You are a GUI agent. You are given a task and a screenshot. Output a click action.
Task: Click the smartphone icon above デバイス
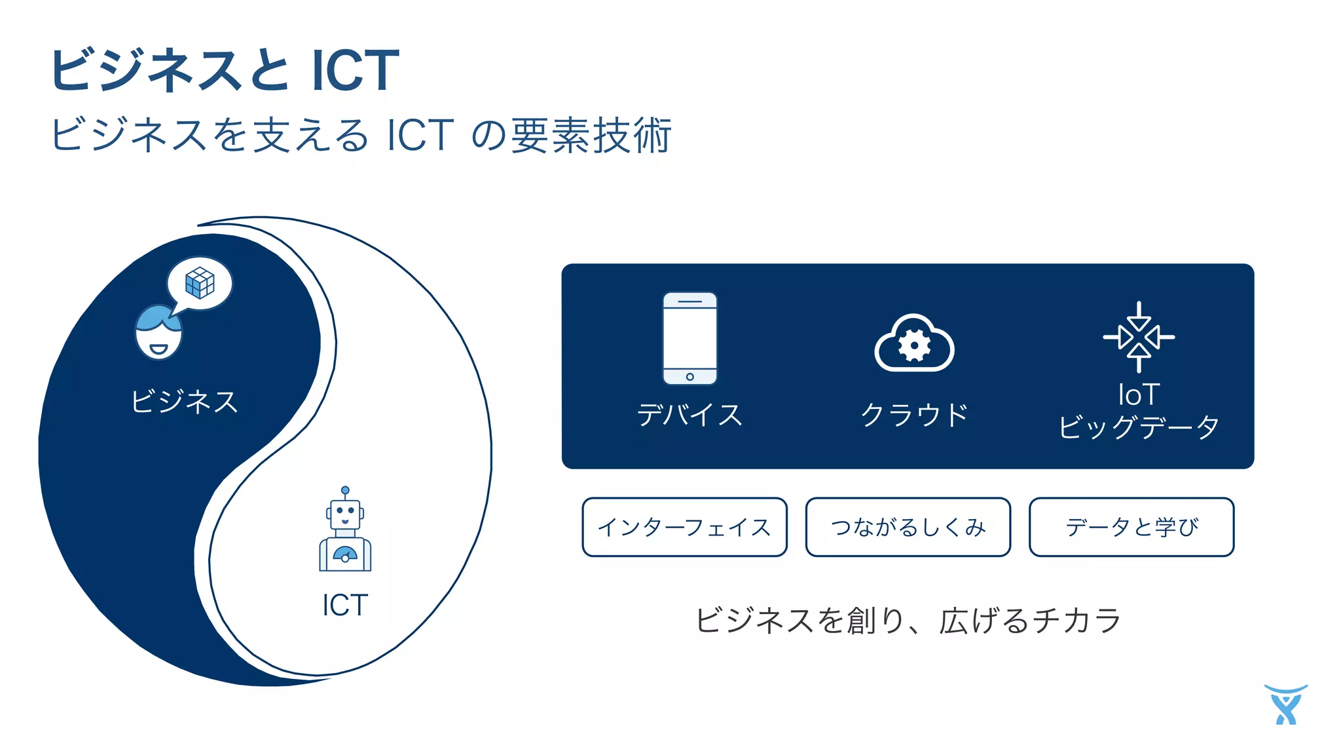[689, 338]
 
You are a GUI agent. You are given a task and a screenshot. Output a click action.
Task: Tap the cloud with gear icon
[914, 344]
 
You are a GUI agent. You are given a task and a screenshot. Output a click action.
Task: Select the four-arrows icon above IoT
[1139, 337]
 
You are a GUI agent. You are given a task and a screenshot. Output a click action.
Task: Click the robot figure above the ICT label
[345, 531]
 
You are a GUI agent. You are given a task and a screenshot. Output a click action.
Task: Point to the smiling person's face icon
[158, 333]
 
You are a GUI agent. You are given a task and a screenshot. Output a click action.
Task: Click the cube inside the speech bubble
[200, 282]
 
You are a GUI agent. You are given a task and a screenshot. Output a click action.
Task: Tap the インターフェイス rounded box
[684, 527]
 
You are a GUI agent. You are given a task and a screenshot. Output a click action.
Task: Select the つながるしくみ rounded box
[908, 527]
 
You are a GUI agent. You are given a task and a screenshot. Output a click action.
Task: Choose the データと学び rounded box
[1131, 527]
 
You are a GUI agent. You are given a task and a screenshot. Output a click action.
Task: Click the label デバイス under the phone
[689, 414]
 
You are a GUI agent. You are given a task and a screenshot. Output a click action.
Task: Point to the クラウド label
[914, 414]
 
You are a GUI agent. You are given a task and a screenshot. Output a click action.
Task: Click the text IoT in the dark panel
[1139, 395]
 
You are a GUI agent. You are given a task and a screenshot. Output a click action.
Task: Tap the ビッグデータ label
[1139, 427]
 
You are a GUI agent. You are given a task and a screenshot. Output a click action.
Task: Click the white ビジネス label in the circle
[184, 401]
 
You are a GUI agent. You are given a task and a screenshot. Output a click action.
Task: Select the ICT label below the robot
[345, 605]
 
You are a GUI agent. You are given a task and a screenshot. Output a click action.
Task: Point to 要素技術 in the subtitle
[591, 135]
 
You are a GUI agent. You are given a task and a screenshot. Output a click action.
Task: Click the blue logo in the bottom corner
[1286, 705]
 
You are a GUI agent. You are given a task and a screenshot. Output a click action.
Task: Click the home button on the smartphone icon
[689, 377]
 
